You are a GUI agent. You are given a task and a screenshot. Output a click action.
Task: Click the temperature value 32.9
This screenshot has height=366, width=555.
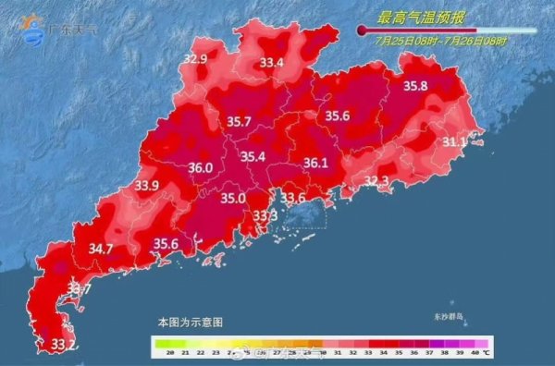point(195,59)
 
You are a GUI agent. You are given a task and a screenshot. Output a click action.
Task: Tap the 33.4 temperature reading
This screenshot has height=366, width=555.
point(271,63)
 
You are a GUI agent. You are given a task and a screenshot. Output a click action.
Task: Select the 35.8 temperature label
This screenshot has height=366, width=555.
point(415,86)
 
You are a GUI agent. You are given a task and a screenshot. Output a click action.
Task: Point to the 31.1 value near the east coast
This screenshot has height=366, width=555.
point(454,141)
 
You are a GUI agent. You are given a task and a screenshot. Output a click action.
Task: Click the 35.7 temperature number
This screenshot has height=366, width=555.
point(240,121)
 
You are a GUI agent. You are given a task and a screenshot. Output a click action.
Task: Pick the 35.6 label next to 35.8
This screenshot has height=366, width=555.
point(337,116)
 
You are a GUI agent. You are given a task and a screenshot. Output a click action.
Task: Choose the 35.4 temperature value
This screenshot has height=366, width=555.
point(253,157)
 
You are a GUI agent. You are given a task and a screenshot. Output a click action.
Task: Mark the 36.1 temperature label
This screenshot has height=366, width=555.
point(316,163)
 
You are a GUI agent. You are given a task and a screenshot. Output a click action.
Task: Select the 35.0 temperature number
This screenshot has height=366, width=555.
point(232,198)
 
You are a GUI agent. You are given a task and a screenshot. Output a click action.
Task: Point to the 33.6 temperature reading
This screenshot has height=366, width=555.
point(293,198)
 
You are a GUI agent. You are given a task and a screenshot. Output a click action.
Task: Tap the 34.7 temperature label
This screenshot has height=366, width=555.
point(101,249)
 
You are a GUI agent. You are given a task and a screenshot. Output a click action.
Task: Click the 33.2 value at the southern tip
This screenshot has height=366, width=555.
point(63,345)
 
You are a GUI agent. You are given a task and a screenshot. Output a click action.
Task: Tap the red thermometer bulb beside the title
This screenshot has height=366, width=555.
point(362,30)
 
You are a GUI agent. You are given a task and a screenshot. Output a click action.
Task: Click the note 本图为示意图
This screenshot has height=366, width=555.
point(190,322)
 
